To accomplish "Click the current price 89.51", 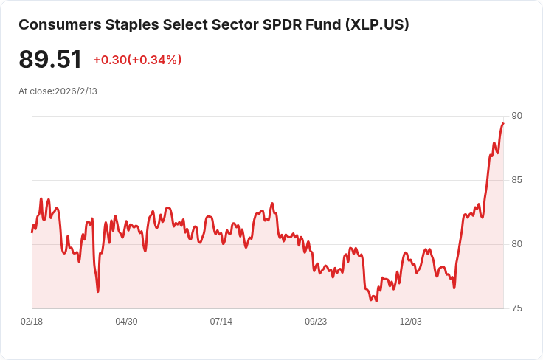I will click(50, 60).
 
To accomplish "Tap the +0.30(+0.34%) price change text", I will click(137, 60).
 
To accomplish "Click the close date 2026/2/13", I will click(77, 91).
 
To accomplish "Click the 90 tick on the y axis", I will click(516, 116).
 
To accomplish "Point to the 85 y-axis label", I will click(516, 180).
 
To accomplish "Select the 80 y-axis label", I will click(516, 244).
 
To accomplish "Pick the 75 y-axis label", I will click(516, 308).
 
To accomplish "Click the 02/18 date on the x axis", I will click(32, 322).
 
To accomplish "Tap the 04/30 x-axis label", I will click(126, 322).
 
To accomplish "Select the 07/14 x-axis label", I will click(221, 322).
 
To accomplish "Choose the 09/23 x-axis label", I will click(316, 322).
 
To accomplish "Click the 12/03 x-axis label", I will click(410, 322).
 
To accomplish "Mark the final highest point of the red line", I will click(503, 123).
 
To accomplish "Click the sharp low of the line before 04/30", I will click(97, 291).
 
